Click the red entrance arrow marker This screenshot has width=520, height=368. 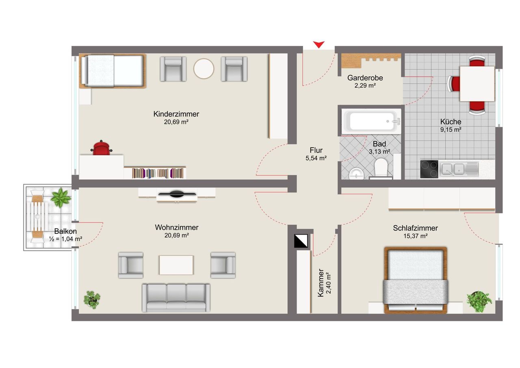point(319,44)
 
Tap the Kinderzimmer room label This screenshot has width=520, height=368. point(176,114)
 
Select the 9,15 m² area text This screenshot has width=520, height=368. point(451,130)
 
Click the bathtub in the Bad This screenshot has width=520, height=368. point(371,121)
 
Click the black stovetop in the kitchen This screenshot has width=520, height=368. point(429,169)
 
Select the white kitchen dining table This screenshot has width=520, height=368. point(477,84)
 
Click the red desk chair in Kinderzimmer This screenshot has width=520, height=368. point(101,148)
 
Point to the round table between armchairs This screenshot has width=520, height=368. point(204,69)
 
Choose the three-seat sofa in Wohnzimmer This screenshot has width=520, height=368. point(176,298)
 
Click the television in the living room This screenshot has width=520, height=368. point(177,194)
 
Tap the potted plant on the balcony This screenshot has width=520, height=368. point(61,198)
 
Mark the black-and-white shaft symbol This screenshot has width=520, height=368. point(301,241)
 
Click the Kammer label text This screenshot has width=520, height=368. point(321,283)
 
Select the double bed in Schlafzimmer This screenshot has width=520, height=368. point(416,280)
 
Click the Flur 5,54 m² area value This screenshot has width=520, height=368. point(316,158)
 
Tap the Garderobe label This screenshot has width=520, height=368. point(365,78)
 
